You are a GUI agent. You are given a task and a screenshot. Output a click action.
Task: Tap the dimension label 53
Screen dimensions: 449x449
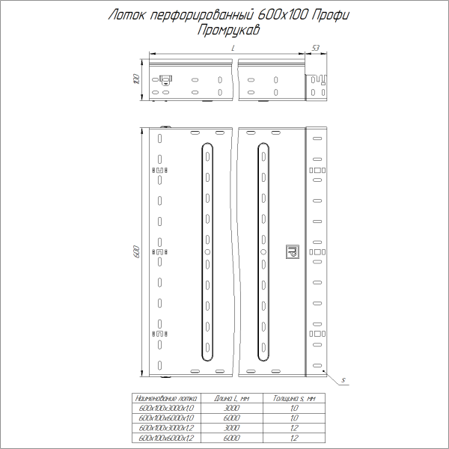point(315,48)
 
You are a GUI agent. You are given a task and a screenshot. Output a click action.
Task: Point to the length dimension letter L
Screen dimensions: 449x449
point(233,48)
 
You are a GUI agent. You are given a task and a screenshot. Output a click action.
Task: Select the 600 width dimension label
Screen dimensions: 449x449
point(136,252)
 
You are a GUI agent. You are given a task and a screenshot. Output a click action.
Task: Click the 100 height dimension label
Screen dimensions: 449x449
point(135,79)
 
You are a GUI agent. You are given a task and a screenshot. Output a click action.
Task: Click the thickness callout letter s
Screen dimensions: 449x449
point(342,381)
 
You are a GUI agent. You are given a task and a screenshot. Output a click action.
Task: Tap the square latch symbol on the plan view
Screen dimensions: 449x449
point(292,252)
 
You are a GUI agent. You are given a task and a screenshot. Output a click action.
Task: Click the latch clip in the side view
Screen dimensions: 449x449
point(165,78)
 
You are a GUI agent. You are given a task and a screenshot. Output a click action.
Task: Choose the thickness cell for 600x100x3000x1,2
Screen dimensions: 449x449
point(294,427)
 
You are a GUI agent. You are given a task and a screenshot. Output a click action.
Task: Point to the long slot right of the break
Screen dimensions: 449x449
point(263,252)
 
